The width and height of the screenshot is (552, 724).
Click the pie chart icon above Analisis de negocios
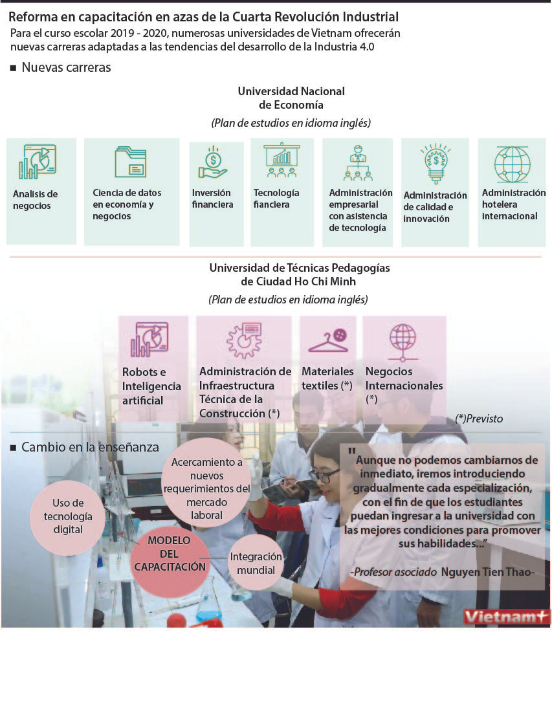tap(37, 161)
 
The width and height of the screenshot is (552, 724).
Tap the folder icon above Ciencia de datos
tap(130, 162)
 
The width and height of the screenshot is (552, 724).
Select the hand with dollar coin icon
tap(213, 162)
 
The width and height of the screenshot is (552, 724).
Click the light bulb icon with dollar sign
tap(435, 163)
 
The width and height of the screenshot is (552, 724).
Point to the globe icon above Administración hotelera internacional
tap(512, 164)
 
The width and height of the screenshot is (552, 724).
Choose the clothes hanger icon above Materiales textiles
tap(327, 340)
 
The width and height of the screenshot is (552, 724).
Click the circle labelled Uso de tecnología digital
tap(68, 516)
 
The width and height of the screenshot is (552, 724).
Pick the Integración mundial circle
tap(256, 564)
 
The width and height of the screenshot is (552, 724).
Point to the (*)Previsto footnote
tap(479, 419)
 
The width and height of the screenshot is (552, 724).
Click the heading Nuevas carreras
tap(66, 67)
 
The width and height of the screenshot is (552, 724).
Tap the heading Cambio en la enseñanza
tap(90, 446)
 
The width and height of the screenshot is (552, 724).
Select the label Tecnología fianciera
tap(276, 199)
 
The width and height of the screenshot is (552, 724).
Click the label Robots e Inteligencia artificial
tap(151, 386)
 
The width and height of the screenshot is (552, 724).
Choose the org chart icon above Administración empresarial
tap(357, 162)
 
